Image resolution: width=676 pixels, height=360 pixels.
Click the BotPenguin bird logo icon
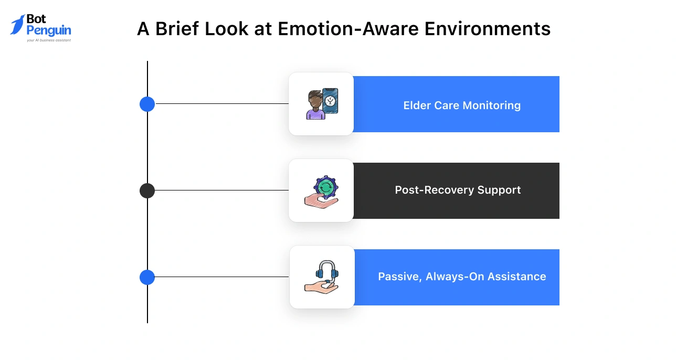[17, 24]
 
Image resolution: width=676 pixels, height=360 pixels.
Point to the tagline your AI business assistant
[48, 40]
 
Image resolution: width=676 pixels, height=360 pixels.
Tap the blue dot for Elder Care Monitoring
[147, 104]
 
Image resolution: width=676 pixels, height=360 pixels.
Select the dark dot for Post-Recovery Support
[147, 190]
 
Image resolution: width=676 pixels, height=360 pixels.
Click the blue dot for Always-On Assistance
[147, 277]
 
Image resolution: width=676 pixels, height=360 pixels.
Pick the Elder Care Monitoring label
[462, 105]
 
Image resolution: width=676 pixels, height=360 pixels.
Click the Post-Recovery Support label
[458, 190]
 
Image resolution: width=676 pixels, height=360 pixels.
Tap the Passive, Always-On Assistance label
[462, 277]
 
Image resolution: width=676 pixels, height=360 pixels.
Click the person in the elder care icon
[315, 107]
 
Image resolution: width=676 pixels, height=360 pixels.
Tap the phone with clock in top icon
[330, 100]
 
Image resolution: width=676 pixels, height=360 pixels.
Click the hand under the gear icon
[320, 202]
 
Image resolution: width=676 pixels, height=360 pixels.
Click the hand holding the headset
[320, 287]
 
